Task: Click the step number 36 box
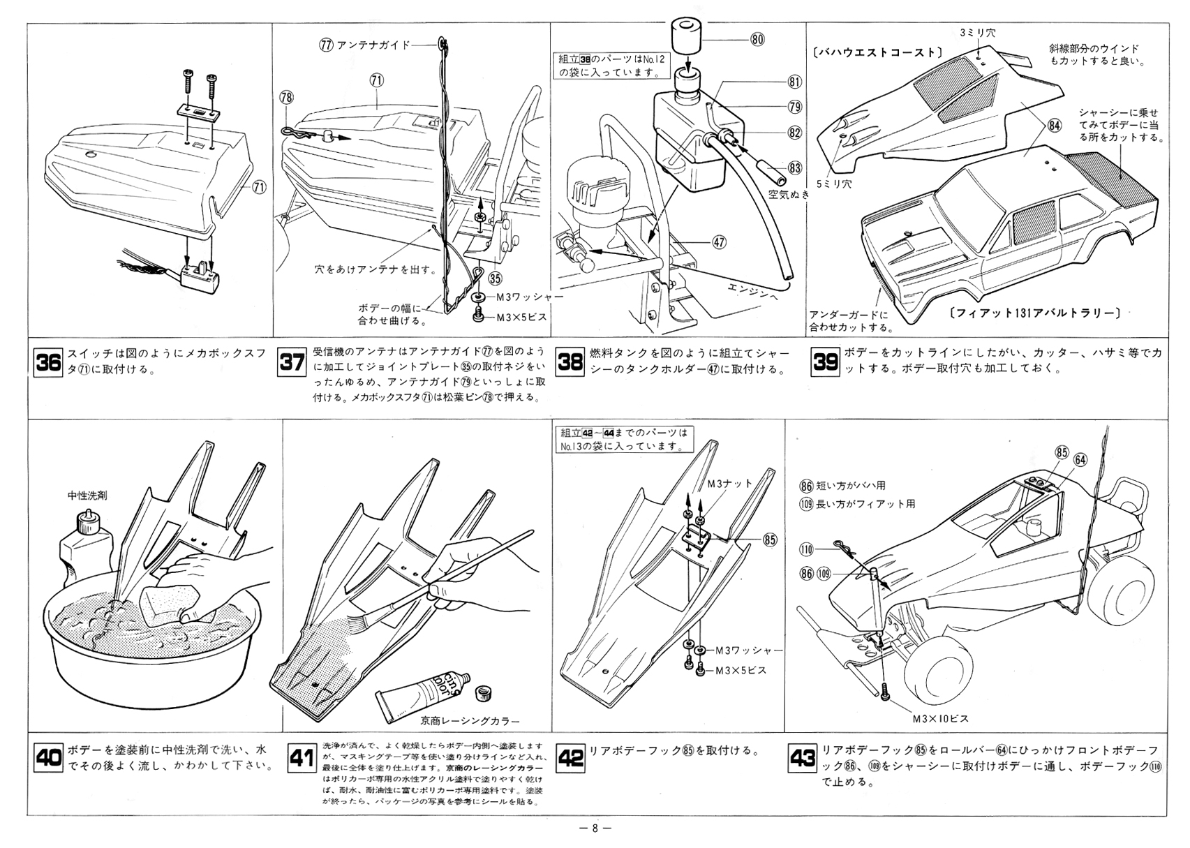[x=48, y=363]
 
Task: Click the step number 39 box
[x=826, y=363]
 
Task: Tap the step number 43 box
[x=802, y=758]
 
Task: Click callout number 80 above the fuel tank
[x=757, y=40]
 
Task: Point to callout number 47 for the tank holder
[x=719, y=242]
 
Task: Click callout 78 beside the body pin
[x=285, y=98]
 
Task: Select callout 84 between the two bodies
[x=1054, y=126]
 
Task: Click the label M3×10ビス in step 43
[x=940, y=718]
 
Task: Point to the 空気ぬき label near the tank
[x=789, y=195]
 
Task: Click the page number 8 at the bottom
[x=595, y=829]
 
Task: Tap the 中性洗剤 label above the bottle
[x=87, y=496]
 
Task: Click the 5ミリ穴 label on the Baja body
[x=836, y=184]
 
